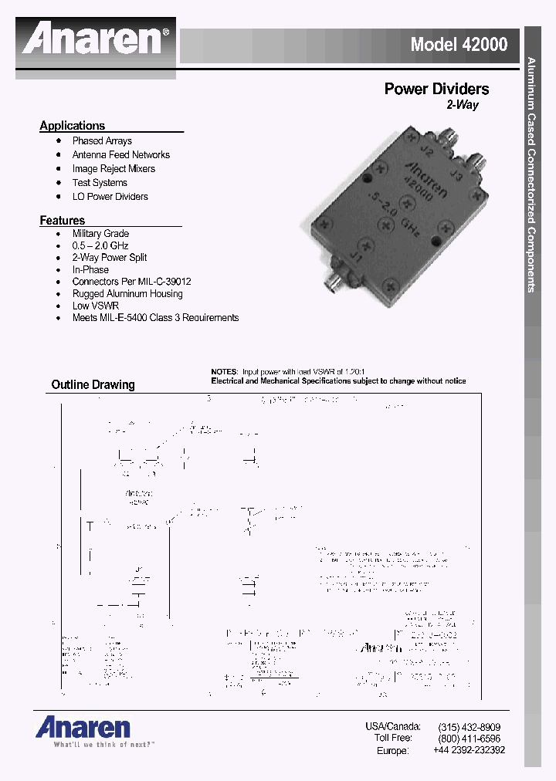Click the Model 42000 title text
pyautogui.click(x=459, y=45)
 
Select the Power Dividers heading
pyautogui.click(x=436, y=90)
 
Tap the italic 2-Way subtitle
pyautogui.click(x=462, y=105)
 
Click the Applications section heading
pyautogui.click(x=72, y=126)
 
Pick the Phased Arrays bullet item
pyautogui.click(x=102, y=141)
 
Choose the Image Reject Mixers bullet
pyautogui.click(x=114, y=169)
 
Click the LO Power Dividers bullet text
pyautogui.click(x=110, y=197)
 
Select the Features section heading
pyautogui.click(x=62, y=221)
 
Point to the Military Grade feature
pyautogui.click(x=100, y=234)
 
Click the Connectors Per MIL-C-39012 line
pyautogui.click(x=131, y=282)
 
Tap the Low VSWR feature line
pyautogui.click(x=95, y=306)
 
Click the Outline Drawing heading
pyautogui.click(x=93, y=384)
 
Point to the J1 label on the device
pyautogui.click(x=354, y=253)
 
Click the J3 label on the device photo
pyautogui.click(x=456, y=177)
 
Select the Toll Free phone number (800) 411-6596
pyautogui.click(x=469, y=739)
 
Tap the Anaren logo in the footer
pyautogui.click(x=83, y=727)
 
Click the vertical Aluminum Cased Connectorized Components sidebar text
pyautogui.click(x=531, y=174)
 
